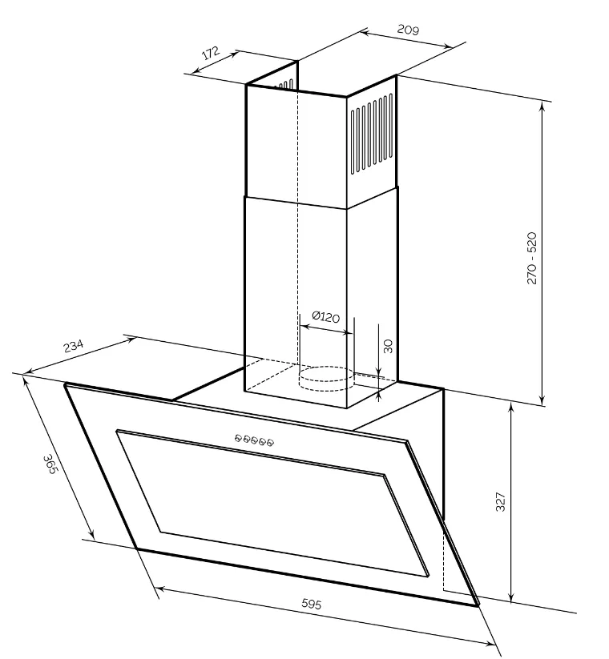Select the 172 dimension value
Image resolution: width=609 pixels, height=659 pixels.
(x=210, y=54)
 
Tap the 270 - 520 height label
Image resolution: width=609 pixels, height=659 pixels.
(x=531, y=261)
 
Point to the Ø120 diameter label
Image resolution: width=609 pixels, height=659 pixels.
(x=325, y=317)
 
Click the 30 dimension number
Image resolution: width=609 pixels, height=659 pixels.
(x=388, y=346)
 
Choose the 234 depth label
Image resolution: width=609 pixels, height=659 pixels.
(x=73, y=347)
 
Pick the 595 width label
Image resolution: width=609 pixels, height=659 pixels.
(x=311, y=605)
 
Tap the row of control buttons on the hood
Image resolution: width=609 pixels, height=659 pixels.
(x=255, y=440)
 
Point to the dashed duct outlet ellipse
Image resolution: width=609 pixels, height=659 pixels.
(x=325, y=374)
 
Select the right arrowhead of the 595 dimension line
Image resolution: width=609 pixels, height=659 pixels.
(x=492, y=642)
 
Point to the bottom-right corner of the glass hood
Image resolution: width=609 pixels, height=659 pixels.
(x=478, y=605)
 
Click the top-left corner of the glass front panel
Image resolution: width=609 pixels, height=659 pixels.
(x=66, y=385)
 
